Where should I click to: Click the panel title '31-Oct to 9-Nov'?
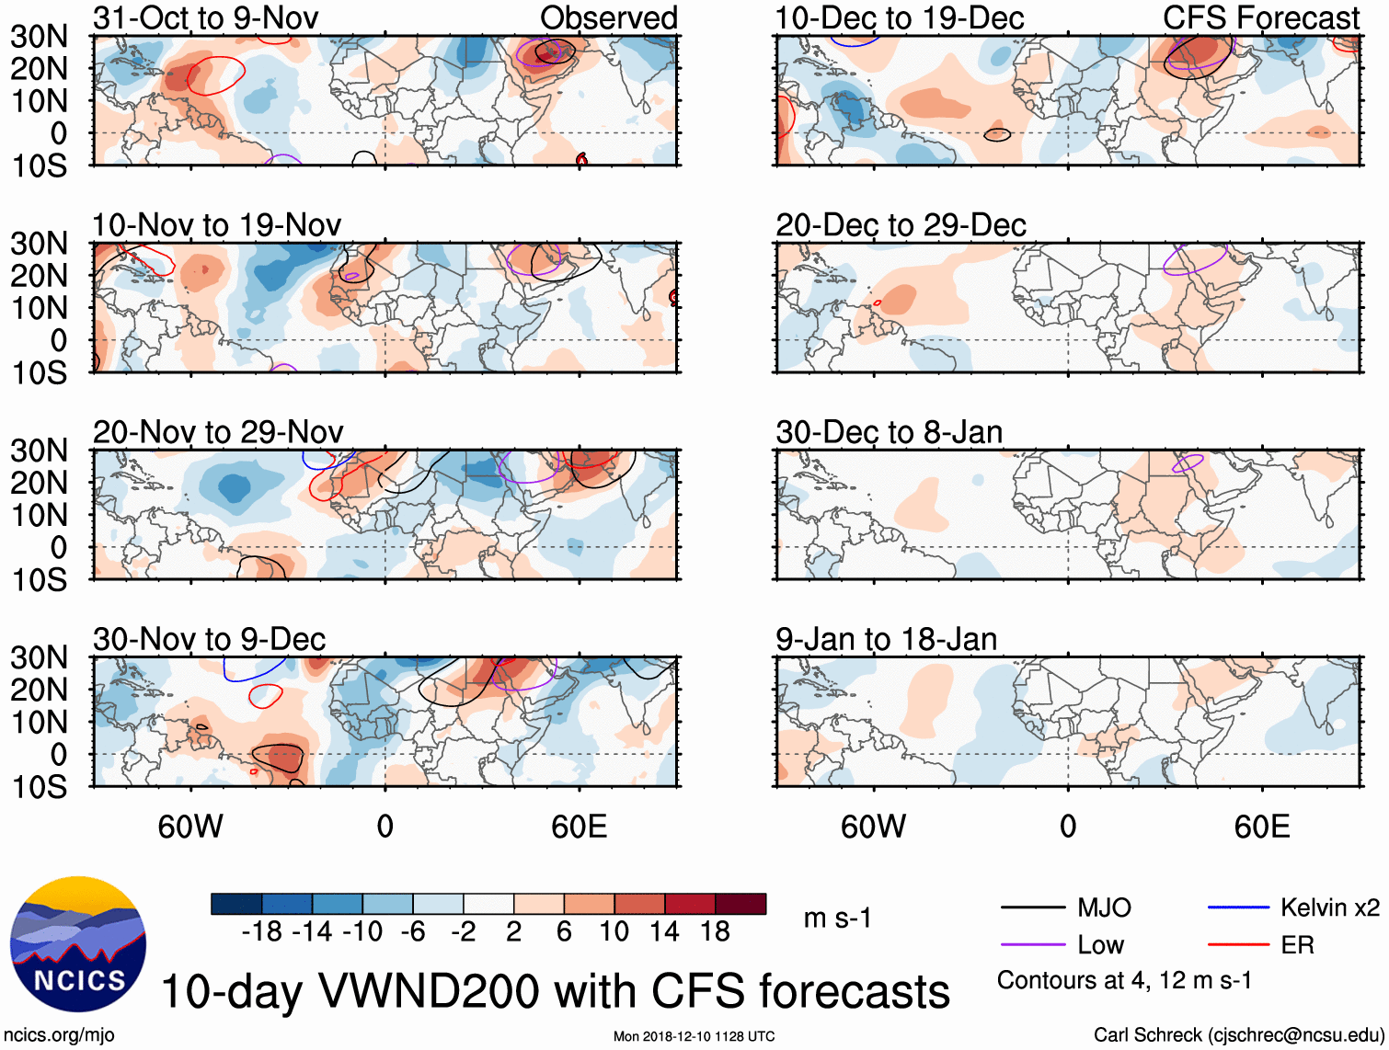pos(205,17)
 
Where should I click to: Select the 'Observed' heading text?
pos(608,17)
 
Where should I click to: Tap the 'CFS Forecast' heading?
pos(1260,17)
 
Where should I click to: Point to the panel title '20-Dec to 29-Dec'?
pos(900,225)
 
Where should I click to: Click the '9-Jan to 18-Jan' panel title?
pos(886,639)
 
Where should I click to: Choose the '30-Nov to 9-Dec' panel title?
pos(209,639)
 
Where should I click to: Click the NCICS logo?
pos(78,943)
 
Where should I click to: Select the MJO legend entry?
pos(1104,908)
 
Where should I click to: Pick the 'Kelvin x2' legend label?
pos(1329,908)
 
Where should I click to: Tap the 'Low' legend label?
pos(1100,945)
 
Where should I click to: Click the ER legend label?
pos(1297,945)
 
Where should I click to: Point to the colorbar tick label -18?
pos(262,932)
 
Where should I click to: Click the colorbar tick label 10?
pos(614,932)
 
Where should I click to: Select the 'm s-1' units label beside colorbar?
pos(837,918)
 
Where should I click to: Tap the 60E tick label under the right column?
pos(1261,827)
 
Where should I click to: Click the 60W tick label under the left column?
pos(190,827)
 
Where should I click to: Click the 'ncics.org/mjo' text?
pos(59,1035)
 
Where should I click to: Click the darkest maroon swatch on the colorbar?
pos(740,904)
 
